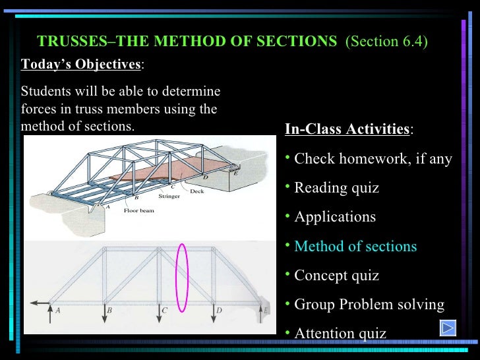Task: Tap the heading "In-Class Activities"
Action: (347, 129)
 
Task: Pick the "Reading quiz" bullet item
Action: (336, 188)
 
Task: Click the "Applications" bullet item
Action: (334, 217)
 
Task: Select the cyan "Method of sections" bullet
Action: (355, 247)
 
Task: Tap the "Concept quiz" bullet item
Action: (336, 276)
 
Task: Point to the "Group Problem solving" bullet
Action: (369, 305)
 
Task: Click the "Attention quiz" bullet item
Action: (340, 334)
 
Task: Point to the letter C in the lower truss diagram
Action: (165, 310)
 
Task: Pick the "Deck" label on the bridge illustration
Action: (197, 191)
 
